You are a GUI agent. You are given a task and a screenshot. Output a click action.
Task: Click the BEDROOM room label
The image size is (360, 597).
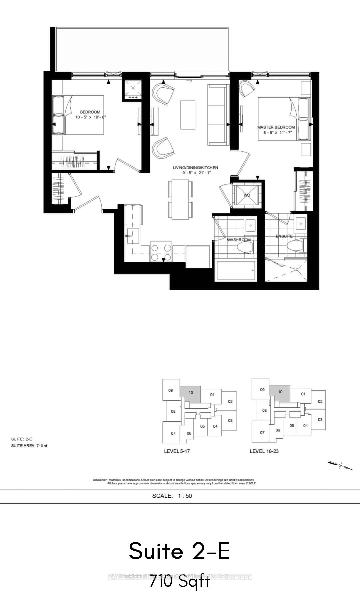pyautogui.click(x=90, y=112)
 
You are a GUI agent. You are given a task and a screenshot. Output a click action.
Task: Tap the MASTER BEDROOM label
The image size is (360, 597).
pyautogui.click(x=276, y=127)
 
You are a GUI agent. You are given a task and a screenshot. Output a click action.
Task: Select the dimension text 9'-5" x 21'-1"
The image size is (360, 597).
pyautogui.click(x=195, y=173)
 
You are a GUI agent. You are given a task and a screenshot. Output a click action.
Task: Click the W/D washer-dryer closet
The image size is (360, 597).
pyautogui.click(x=247, y=195)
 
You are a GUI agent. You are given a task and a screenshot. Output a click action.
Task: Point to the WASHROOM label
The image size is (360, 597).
pyautogui.click(x=238, y=240)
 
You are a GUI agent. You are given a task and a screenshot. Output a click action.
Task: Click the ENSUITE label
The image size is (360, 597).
pyautogui.click(x=284, y=236)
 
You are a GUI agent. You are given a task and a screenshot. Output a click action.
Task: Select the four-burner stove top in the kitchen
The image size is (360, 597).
pyautogui.click(x=161, y=252)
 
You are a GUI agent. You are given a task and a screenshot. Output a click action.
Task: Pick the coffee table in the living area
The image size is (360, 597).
pyautogui.click(x=188, y=115)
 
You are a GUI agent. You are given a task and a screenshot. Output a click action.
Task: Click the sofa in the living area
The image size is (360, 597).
pyautogui.click(x=218, y=115)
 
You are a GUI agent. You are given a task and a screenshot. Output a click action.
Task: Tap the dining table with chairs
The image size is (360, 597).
pyautogui.click(x=180, y=199)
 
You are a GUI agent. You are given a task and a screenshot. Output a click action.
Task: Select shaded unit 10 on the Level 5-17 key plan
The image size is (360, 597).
pyautogui.click(x=190, y=393)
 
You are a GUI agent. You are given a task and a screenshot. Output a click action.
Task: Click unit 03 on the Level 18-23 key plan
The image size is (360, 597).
pyautogui.click(x=320, y=420)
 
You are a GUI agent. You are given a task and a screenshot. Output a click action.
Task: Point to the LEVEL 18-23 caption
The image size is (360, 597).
pyautogui.click(x=264, y=451)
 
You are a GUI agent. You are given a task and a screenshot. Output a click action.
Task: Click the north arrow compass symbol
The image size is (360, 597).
pyautogui.click(x=340, y=465)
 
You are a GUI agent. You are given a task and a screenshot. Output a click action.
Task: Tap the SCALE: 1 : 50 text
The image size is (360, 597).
pyautogui.click(x=172, y=496)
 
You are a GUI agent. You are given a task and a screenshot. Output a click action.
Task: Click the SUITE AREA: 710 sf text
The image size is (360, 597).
pyautogui.click(x=29, y=446)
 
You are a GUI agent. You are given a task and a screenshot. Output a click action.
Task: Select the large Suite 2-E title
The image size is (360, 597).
pyautogui.click(x=179, y=551)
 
